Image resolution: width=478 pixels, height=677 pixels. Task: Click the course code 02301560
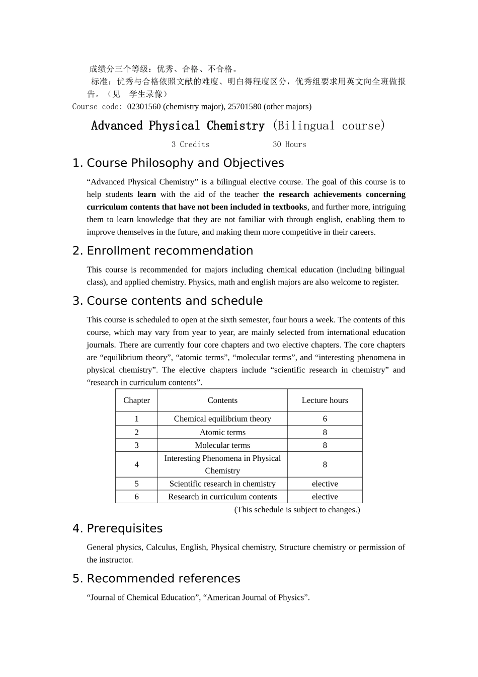(144, 107)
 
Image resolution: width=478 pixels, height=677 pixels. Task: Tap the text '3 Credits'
(190, 145)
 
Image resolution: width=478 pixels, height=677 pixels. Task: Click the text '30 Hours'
(289, 145)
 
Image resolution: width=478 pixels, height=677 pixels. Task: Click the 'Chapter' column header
(136, 400)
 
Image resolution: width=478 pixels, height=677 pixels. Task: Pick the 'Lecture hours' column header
(325, 400)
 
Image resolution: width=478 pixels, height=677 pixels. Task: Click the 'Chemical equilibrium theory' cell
(222, 419)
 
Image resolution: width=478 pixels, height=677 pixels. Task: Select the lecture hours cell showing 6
(325, 419)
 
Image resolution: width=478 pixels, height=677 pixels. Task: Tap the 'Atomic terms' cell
(222, 432)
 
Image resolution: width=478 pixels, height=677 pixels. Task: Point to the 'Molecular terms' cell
(222, 445)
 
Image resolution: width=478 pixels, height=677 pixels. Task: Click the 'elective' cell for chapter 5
(325, 484)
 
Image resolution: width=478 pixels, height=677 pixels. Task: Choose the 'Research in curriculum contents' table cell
(222, 497)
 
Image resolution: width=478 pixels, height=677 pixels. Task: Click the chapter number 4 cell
(136, 464)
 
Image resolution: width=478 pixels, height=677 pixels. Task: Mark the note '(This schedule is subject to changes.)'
(297, 510)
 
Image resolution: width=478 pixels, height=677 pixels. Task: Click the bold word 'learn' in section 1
(146, 194)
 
